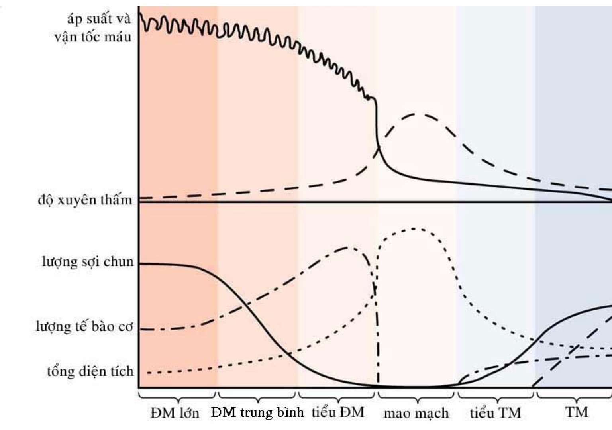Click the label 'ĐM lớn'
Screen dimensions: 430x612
point(175,413)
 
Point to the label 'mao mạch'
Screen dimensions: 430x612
point(416,414)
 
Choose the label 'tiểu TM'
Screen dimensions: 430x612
point(495,413)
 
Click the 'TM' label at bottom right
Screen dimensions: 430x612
point(577,412)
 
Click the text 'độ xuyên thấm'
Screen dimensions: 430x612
point(85,200)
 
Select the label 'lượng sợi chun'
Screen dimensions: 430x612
point(88,262)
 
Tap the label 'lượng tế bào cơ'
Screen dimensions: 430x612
point(84,327)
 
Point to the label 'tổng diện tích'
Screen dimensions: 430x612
point(90,371)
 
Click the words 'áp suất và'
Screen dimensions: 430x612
point(99,19)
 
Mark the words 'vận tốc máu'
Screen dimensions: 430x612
point(93,37)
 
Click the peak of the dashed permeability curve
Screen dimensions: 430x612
point(416,114)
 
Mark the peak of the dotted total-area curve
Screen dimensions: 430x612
point(414,229)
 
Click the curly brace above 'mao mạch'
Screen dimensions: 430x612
point(416,397)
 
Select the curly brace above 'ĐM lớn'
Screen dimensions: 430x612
point(177,397)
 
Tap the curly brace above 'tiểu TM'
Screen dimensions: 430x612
point(496,397)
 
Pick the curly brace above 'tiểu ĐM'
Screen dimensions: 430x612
point(337,397)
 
